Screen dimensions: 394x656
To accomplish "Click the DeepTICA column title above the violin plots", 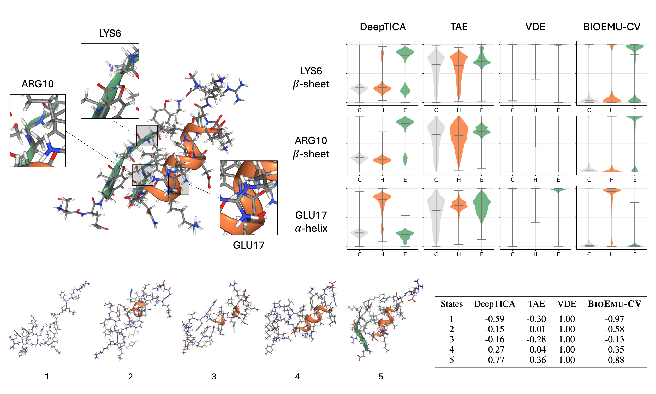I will (x=383, y=27).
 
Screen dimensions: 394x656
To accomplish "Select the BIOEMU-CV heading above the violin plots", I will (x=612, y=27).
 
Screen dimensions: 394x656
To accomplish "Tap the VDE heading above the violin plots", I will (x=535, y=27).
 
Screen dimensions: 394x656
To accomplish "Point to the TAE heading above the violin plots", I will (x=459, y=27).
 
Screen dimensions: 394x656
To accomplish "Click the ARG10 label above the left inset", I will (x=37, y=84).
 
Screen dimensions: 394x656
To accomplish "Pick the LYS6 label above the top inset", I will (x=110, y=33).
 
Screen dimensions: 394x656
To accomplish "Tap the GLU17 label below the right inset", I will (x=248, y=245).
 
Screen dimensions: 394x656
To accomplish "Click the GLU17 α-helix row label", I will (x=311, y=222).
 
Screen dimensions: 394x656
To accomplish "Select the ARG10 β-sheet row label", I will (x=311, y=147).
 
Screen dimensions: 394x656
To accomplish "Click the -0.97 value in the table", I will (x=614, y=319).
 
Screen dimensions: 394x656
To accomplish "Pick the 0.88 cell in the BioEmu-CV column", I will (x=616, y=360).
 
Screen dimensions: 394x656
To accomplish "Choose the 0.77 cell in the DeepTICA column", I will (x=496, y=360).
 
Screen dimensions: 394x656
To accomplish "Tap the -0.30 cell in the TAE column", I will (x=536, y=319).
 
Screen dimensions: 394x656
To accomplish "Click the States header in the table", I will (x=452, y=304).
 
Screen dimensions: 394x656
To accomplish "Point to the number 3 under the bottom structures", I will (x=214, y=377).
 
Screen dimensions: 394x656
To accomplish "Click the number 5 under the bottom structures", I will (x=381, y=377).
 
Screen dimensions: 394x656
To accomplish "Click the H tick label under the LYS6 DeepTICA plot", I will (x=382, y=110).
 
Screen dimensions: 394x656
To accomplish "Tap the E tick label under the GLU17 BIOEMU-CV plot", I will (x=635, y=255).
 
